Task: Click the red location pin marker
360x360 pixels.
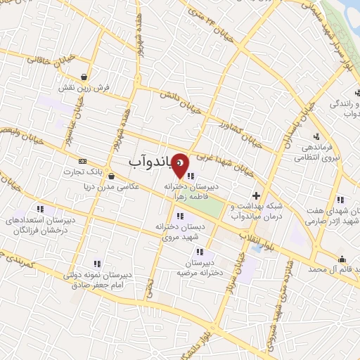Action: pyautogui.click(x=181, y=165)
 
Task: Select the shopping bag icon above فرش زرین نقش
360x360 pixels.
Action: pyautogui.click(x=84, y=77)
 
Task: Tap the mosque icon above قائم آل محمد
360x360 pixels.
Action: pyautogui.click(x=342, y=258)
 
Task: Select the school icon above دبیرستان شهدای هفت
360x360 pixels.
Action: pyautogui.click(x=340, y=200)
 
